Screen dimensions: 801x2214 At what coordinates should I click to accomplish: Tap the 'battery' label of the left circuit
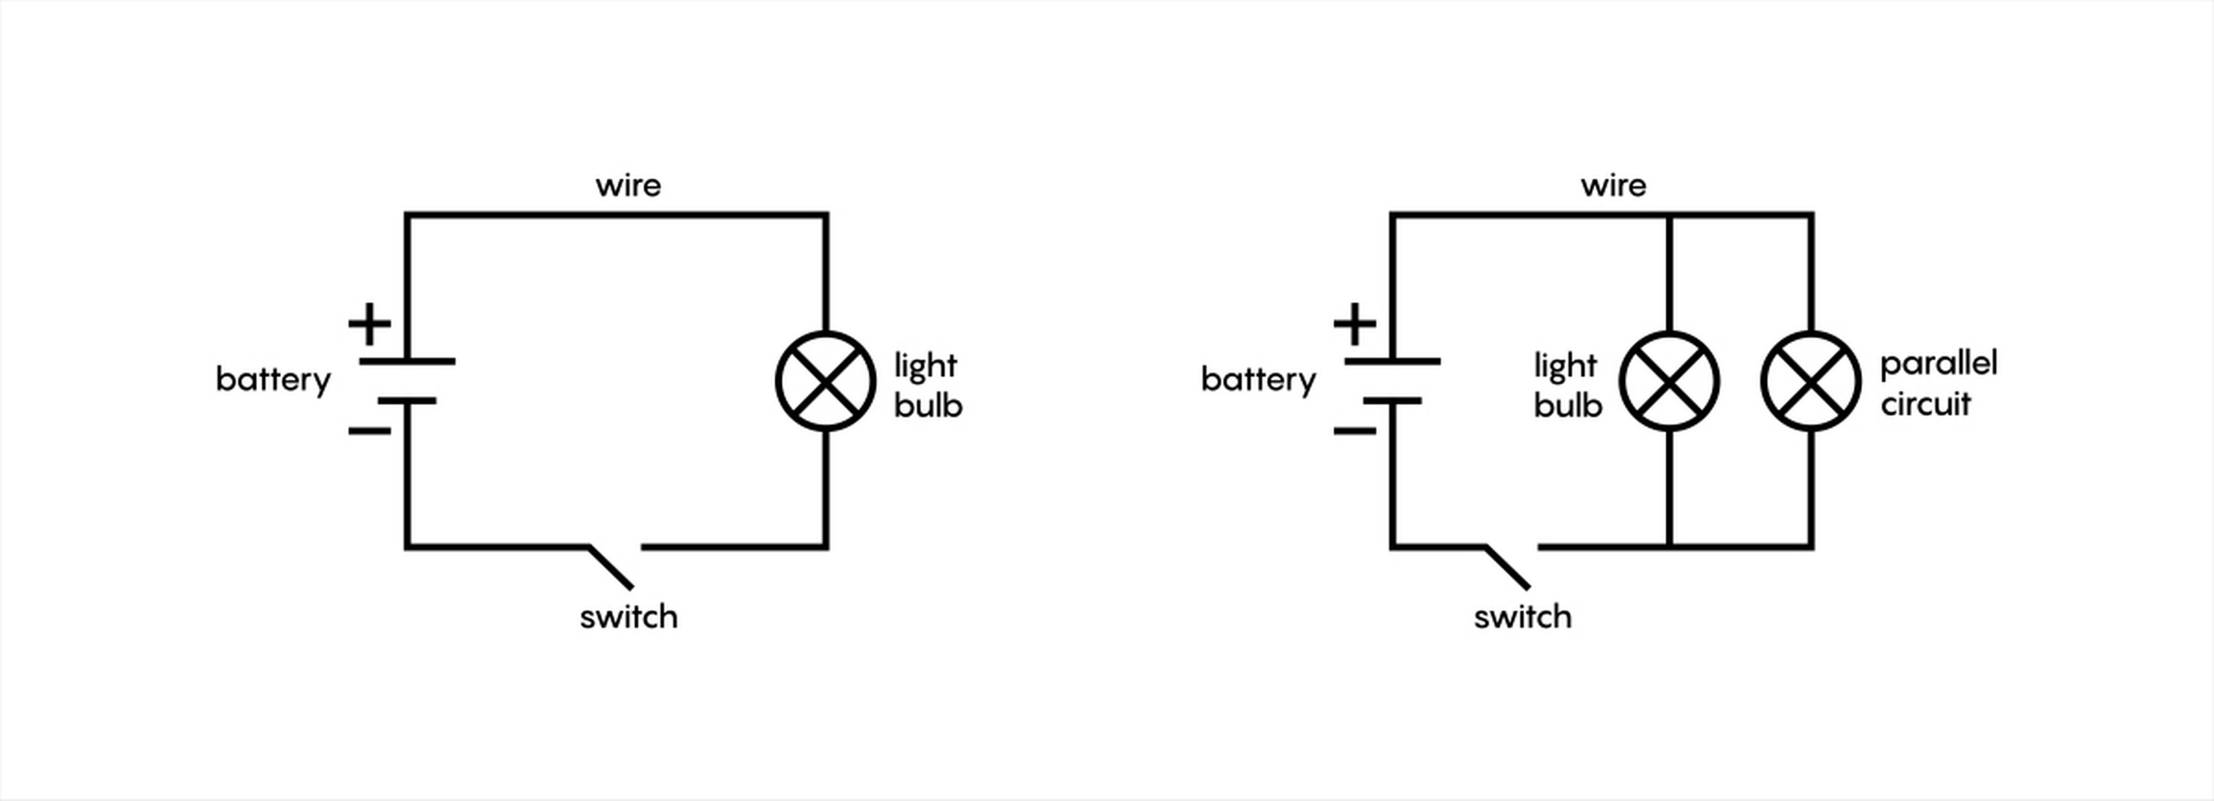point(273,380)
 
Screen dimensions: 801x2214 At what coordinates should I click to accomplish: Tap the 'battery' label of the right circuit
point(1258,380)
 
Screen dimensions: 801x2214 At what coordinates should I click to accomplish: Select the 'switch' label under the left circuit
point(628,617)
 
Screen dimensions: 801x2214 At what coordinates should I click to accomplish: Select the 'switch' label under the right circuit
point(1522,617)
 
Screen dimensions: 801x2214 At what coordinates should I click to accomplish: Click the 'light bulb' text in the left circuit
point(927,385)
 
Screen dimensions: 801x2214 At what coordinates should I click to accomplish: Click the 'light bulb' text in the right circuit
point(1567,385)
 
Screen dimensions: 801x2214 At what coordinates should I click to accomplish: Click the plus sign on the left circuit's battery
point(370,324)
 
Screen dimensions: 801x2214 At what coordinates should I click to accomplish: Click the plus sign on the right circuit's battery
point(1354,324)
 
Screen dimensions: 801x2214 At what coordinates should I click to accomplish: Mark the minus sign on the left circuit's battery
point(370,431)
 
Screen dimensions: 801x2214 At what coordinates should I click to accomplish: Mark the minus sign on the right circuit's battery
point(1354,431)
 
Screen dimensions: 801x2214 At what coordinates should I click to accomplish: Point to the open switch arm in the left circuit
point(611,567)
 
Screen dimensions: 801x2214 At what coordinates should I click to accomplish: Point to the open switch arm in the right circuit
point(1508,567)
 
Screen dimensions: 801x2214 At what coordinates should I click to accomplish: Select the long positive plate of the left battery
point(407,362)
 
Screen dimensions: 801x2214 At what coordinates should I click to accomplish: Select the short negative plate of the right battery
point(1393,400)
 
